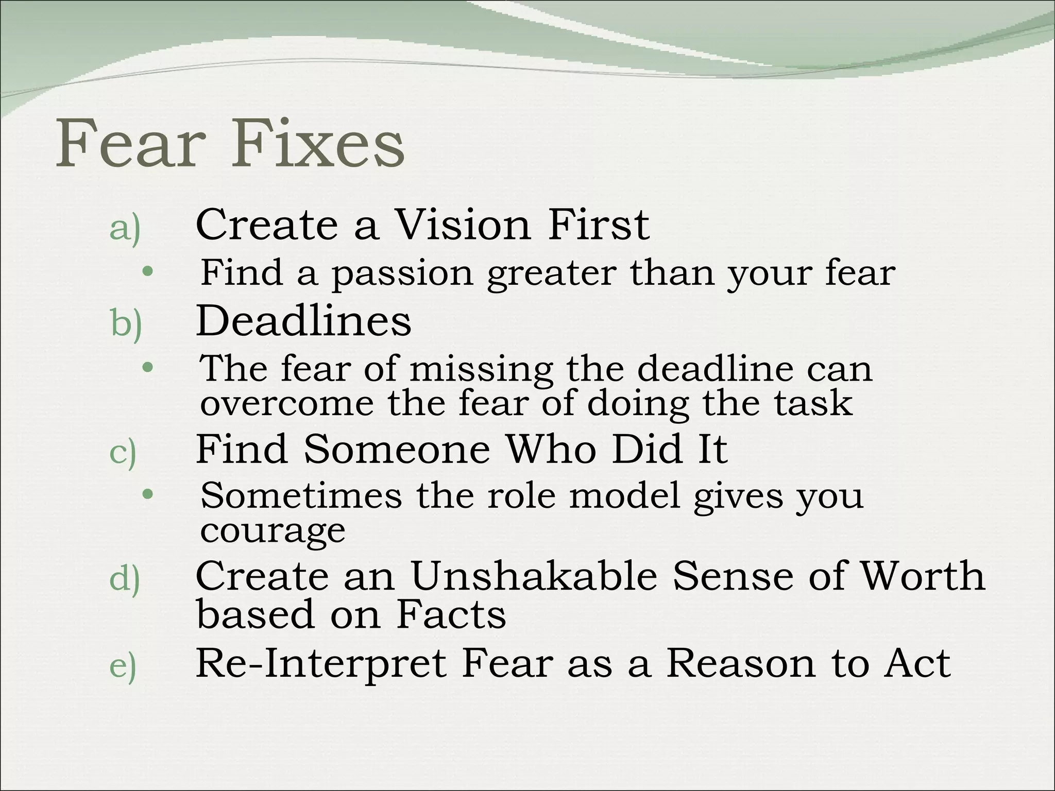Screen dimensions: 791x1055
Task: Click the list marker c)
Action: [123, 453]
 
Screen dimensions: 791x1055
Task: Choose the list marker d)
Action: [125, 580]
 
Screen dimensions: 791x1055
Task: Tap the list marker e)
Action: [123, 667]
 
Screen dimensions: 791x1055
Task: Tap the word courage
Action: [273, 530]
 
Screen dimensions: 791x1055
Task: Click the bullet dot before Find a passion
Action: [148, 271]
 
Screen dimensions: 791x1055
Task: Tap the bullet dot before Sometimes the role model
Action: [148, 494]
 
